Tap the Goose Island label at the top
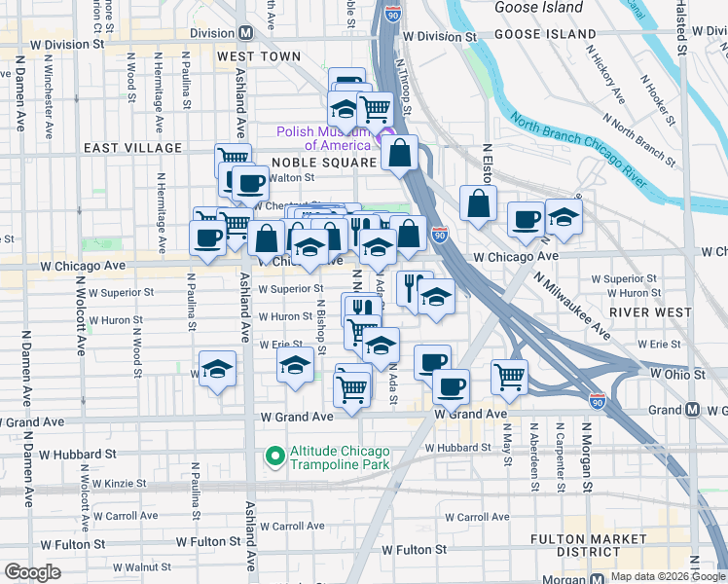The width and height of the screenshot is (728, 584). point(538,8)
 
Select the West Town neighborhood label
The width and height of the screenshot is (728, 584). point(259,57)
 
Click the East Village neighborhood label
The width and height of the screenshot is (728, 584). point(132,148)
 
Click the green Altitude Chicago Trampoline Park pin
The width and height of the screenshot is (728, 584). point(275,455)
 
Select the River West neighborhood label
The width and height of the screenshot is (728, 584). point(642,311)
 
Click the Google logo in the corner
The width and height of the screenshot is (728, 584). point(32,572)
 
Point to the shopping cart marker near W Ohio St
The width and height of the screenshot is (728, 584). point(510,376)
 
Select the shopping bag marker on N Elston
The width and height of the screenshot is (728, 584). point(478,204)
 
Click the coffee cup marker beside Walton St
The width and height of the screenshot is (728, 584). point(250,182)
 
